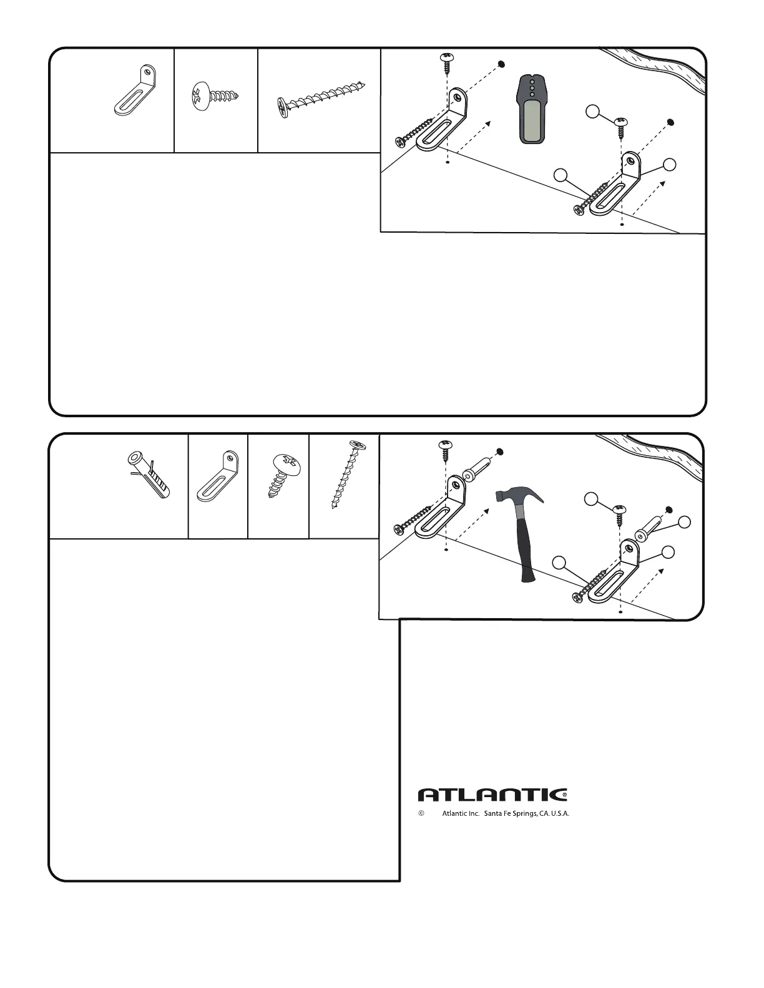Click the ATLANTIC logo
click(492, 795)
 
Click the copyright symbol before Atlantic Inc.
click(421, 814)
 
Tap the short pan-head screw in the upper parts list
click(215, 96)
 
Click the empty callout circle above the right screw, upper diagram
click(592, 112)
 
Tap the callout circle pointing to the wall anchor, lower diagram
click(685, 523)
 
